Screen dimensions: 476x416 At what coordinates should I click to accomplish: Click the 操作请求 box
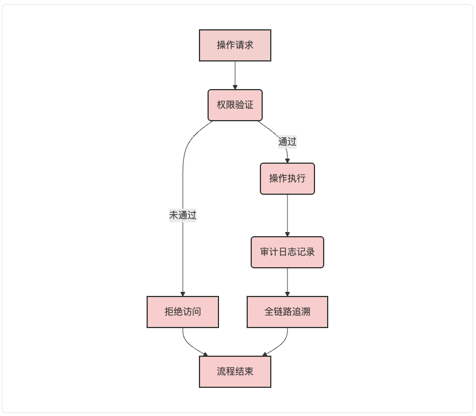[235, 45]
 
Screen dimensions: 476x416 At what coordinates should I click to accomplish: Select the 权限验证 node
[235, 105]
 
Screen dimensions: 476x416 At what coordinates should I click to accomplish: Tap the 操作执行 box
[287, 179]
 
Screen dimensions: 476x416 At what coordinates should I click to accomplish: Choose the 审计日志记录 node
[287, 252]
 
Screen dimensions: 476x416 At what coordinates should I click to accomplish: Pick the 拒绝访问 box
[183, 312]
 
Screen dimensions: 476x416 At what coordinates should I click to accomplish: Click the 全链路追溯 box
[287, 312]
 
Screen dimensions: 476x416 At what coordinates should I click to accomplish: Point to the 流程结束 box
[235, 372]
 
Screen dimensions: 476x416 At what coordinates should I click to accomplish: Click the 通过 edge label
[287, 142]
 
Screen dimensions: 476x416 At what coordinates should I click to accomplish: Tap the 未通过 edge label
[183, 215]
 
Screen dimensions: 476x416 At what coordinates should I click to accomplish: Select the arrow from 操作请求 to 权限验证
[235, 75]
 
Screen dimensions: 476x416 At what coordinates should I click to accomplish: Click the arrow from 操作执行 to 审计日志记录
[287, 215]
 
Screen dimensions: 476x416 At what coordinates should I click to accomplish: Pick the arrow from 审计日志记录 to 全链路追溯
[287, 282]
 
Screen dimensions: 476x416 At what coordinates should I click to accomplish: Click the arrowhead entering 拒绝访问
[183, 294]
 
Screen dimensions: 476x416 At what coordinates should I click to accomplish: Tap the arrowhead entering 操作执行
[287, 161]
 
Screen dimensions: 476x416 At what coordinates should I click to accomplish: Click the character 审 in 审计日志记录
[264, 252]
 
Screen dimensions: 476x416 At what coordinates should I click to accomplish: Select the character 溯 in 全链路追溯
[306, 312]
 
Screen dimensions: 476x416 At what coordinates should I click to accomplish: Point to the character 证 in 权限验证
[249, 105]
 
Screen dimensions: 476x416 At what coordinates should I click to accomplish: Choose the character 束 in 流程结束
[249, 372]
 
